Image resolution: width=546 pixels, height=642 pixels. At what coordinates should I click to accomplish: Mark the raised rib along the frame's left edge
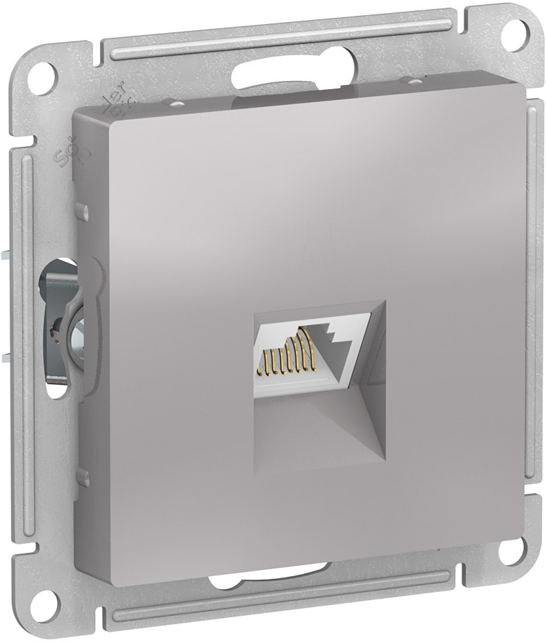26,343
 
